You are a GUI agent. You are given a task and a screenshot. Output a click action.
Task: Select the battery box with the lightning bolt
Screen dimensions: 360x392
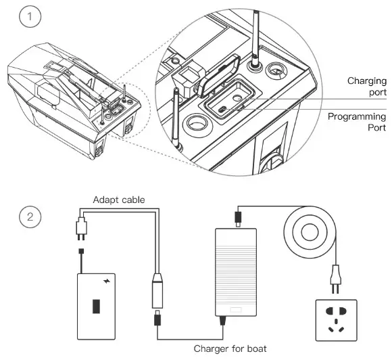pyautogui.click(x=97, y=305)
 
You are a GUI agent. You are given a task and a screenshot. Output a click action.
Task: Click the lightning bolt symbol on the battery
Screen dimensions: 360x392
pyautogui.click(x=108, y=280)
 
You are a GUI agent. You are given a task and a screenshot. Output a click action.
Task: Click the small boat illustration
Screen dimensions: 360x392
pyautogui.click(x=74, y=101)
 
